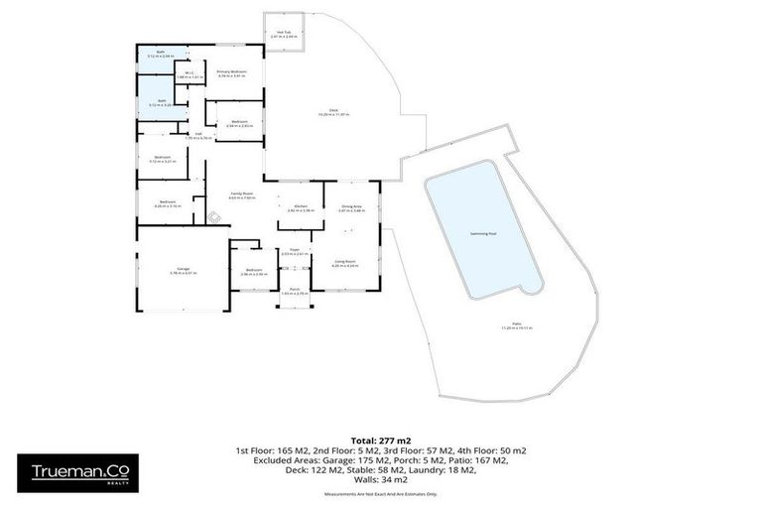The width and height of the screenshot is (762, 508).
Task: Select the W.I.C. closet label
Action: (x=187, y=71)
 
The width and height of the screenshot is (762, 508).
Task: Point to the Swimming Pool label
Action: (x=483, y=234)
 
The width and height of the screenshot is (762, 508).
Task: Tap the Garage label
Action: (x=184, y=270)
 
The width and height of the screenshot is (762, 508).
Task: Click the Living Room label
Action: (x=345, y=263)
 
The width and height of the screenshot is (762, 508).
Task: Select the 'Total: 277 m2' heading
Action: (x=381, y=440)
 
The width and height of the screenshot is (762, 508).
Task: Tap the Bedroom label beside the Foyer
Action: (x=254, y=271)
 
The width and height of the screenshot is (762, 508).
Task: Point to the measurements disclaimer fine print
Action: (x=381, y=492)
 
